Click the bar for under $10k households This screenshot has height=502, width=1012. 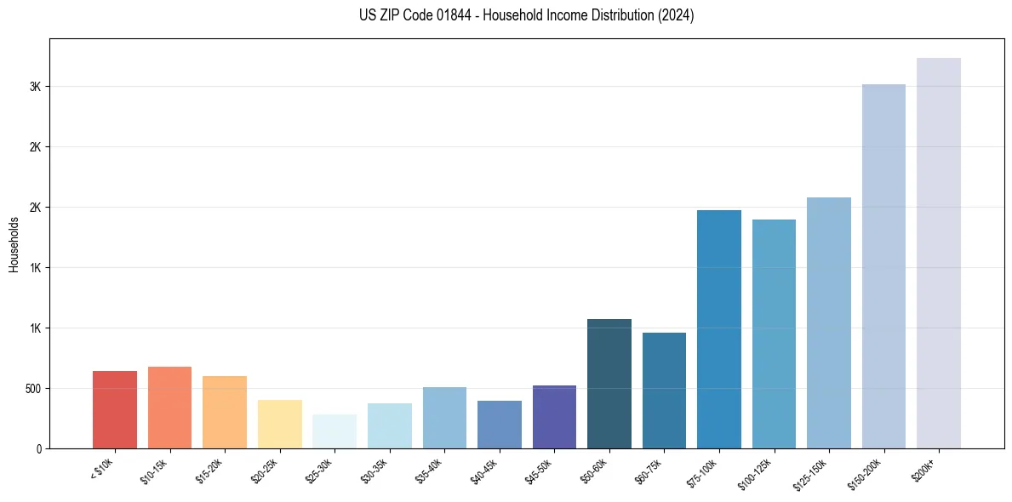point(115,409)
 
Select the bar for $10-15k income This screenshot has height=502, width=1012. point(169,408)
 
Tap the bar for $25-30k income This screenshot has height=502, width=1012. point(334,431)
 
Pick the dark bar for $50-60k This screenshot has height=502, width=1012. point(609,384)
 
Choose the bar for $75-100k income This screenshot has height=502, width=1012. point(719,329)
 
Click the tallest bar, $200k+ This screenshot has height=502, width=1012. point(939,253)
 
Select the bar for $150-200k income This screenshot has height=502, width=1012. point(883,266)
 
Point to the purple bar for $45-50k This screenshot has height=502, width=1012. point(554,417)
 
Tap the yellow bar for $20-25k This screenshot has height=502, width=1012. point(280,424)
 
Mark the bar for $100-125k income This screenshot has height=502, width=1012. point(774,334)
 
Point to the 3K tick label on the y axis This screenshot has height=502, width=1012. point(35,87)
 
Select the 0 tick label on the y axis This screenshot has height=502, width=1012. point(38,448)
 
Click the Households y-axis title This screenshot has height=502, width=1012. point(14,244)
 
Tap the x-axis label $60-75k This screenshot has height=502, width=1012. point(649,471)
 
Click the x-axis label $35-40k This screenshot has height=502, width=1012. point(430,471)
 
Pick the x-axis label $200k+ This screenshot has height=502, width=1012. point(923,469)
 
